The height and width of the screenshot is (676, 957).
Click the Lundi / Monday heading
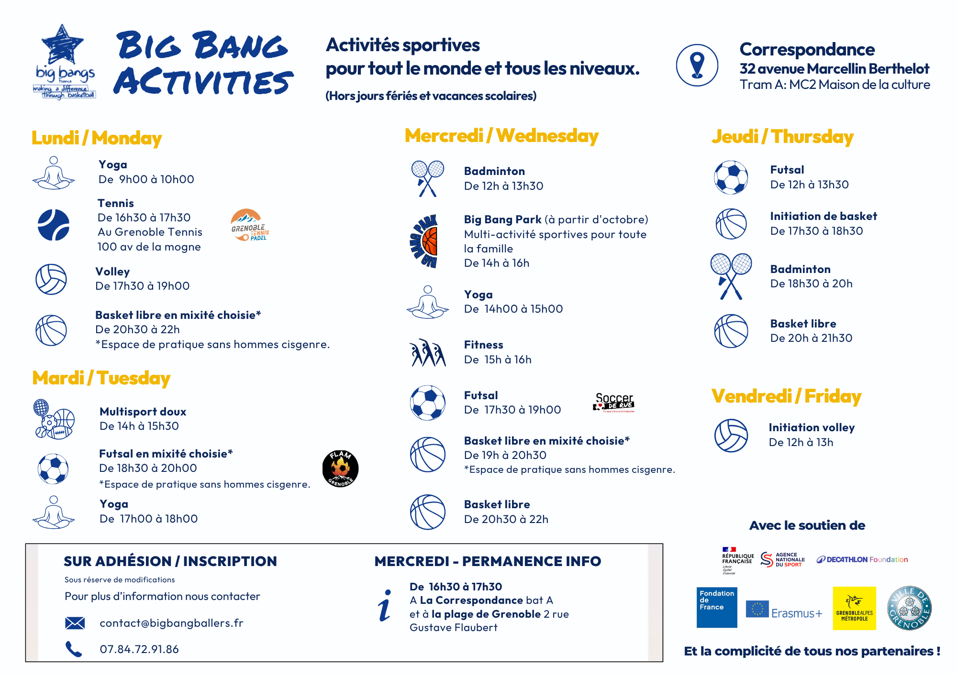(x=97, y=138)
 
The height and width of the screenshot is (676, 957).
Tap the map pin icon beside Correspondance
(x=697, y=65)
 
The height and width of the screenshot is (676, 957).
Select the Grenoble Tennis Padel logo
(x=249, y=225)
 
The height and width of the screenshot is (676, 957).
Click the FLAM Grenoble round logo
(x=340, y=469)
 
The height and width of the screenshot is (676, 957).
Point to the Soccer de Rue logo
(x=614, y=403)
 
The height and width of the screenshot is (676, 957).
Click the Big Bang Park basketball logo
(x=425, y=241)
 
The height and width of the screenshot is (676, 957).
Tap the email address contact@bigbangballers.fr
(x=171, y=623)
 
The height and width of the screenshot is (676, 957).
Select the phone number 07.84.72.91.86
(x=139, y=649)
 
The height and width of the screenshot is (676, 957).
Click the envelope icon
(x=75, y=623)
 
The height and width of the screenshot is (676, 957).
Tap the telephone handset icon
(x=74, y=649)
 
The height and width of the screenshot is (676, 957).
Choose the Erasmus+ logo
(x=784, y=611)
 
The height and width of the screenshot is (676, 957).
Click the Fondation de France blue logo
(x=717, y=607)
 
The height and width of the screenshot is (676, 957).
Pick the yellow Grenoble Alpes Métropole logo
(x=854, y=608)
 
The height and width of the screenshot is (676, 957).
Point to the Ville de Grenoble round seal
(x=909, y=608)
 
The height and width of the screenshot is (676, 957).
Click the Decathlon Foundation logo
(x=862, y=559)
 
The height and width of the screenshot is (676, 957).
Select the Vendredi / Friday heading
(x=786, y=396)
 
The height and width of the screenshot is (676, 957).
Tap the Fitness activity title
(x=483, y=345)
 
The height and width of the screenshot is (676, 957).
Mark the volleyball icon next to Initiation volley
(x=731, y=436)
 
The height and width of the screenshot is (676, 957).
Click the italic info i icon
(x=385, y=606)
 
